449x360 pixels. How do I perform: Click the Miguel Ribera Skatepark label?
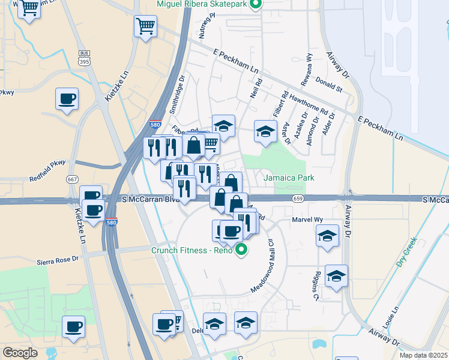coord(202,4)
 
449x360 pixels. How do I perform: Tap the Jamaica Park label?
coord(289,178)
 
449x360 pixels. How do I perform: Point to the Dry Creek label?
coord(406,254)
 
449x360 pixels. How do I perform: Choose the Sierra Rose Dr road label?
coord(58,260)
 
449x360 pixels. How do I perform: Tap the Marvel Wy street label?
coord(307,220)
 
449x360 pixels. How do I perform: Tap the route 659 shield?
coord(298,197)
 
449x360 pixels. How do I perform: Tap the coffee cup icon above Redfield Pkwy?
coord(67,99)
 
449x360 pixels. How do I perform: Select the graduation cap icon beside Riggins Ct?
coord(336,276)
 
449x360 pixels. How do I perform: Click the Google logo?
coord(20,353)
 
